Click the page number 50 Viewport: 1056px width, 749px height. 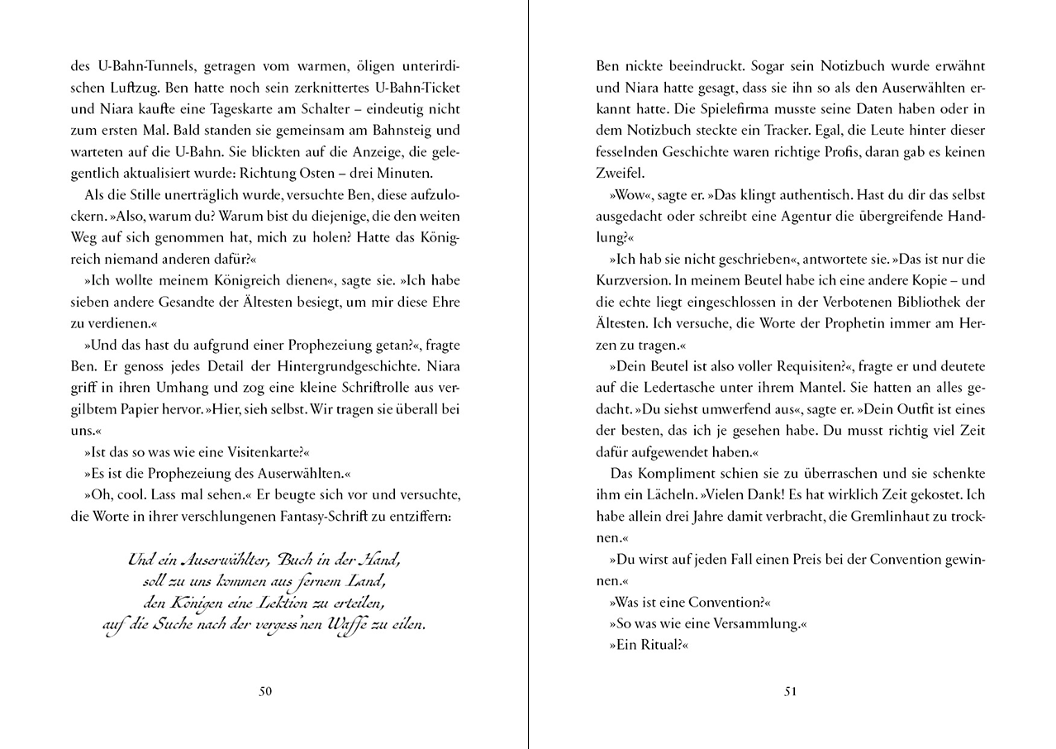pyautogui.click(x=265, y=692)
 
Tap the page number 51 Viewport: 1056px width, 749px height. pyautogui.click(x=790, y=692)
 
